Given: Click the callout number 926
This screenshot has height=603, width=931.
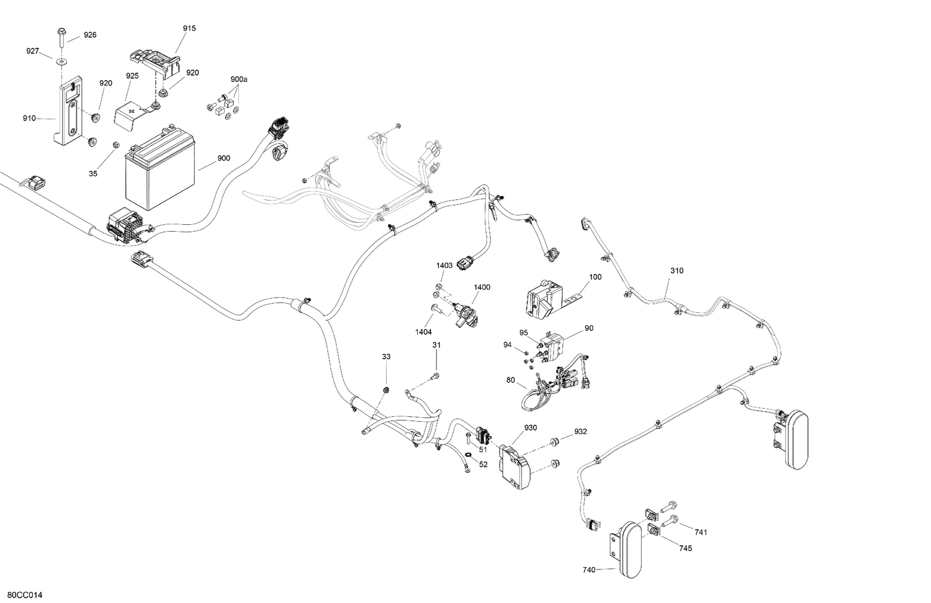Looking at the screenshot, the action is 90,35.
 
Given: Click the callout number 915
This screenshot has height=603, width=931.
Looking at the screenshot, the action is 189,29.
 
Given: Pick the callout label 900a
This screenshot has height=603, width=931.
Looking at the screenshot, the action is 239,79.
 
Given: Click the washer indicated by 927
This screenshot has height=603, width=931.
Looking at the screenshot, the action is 61,61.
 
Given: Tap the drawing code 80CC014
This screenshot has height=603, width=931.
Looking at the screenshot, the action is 25,596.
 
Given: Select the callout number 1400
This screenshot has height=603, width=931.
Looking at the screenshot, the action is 482,287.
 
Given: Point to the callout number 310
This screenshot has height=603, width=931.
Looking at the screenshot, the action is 677,271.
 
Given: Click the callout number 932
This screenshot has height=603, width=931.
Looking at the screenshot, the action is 580,432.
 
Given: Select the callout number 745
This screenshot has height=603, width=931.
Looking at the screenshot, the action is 685,548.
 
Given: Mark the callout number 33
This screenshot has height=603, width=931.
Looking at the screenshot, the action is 387,356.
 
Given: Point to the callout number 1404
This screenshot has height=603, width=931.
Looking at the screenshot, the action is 423,332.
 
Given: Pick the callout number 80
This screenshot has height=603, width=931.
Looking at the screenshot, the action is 510,379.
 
